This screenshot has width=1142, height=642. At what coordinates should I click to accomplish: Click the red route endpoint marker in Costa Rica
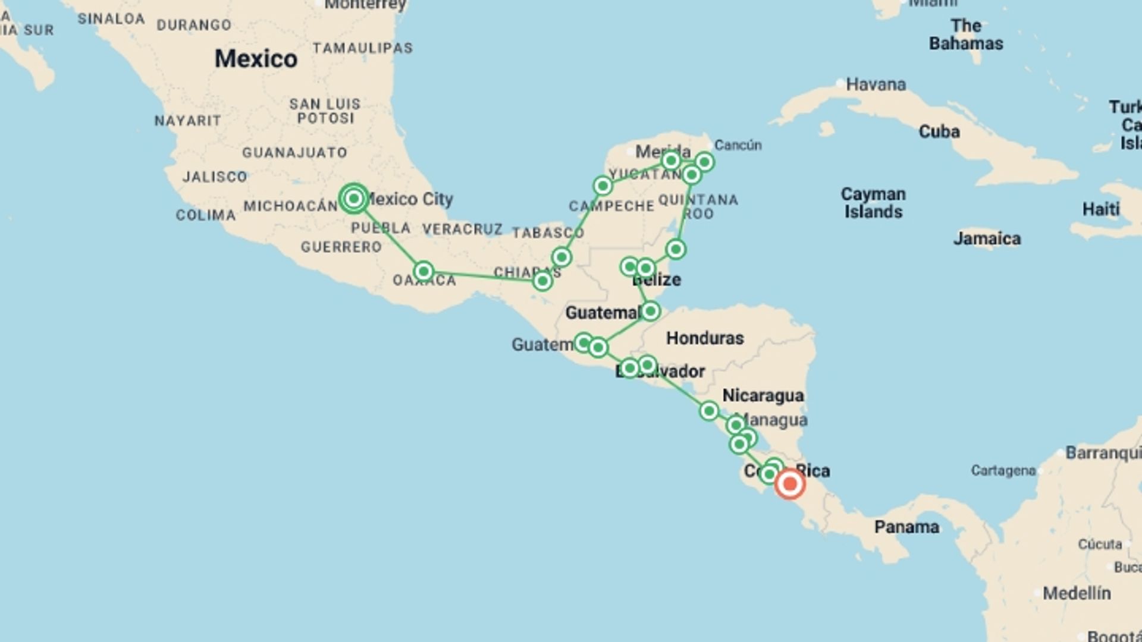pos(790,484)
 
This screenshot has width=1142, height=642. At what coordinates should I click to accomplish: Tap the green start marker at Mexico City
pos(354,199)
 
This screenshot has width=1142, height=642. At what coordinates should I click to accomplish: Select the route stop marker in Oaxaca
pos(423,272)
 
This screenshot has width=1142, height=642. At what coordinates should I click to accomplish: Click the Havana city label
pos(876,84)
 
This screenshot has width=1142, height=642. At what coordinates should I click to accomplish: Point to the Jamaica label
pos(987,239)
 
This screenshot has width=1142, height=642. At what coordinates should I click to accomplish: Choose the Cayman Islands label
pos(873,203)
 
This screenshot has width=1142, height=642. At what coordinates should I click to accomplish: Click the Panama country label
pos(906,527)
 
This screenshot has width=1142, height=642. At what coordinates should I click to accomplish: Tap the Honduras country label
pos(705,338)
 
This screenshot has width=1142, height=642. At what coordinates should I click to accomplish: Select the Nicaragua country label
pos(763,395)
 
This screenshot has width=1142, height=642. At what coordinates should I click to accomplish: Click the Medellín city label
pos(1077,593)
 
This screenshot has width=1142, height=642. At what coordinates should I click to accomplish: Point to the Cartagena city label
pos(1003,471)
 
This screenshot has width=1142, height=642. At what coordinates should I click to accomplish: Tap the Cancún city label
pos(738,145)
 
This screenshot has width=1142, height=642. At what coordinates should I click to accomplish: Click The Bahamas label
pos(966,34)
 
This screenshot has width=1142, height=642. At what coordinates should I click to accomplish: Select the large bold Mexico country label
pos(256,59)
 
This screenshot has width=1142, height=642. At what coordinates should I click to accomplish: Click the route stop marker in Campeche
pos(603,186)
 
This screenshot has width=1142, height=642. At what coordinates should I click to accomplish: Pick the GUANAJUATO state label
pos(294,153)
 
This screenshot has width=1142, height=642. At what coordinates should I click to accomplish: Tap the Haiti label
pos(1100,209)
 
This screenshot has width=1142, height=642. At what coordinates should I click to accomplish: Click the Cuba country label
pos(939,131)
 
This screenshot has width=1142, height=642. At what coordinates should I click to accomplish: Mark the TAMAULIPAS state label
pos(362,48)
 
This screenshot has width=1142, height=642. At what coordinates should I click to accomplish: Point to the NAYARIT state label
pos(187,121)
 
